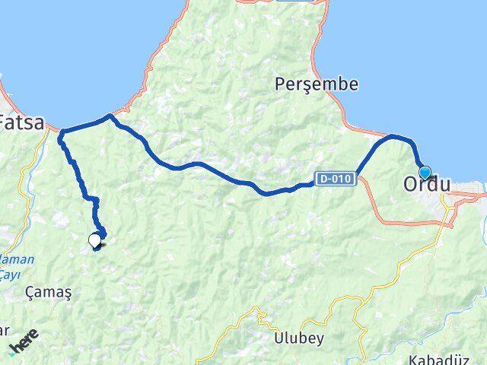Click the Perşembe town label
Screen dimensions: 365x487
pos(316,84)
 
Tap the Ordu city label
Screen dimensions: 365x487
pos(426,184)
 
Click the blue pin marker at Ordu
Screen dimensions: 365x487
pos(425,173)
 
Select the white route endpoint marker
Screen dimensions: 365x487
pos(95,240)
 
